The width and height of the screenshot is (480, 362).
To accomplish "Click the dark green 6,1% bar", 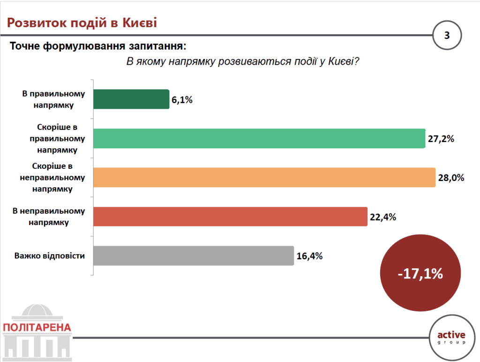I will point(131,99).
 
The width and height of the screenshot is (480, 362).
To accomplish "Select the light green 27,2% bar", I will point(259,138).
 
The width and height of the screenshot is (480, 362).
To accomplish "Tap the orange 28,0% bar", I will point(264,178).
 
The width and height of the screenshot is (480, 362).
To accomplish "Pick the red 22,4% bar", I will point(230,217).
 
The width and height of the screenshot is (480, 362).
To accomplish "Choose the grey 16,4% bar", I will point(194,256).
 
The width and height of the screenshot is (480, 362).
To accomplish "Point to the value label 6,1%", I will point(182,100).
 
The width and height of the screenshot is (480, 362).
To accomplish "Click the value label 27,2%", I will point(441,139).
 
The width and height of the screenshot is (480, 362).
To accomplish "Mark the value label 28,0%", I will point(450,178).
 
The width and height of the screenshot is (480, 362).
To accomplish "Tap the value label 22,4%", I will point(382,217).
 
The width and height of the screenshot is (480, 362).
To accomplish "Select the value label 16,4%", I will point(309,256).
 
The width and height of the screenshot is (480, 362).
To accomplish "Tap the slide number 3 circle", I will point(446,35).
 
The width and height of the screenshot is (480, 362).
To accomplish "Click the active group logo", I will point(450,337).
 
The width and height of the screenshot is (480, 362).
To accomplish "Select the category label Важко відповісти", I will point(49,256).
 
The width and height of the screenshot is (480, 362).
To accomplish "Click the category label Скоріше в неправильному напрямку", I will point(52,178).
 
